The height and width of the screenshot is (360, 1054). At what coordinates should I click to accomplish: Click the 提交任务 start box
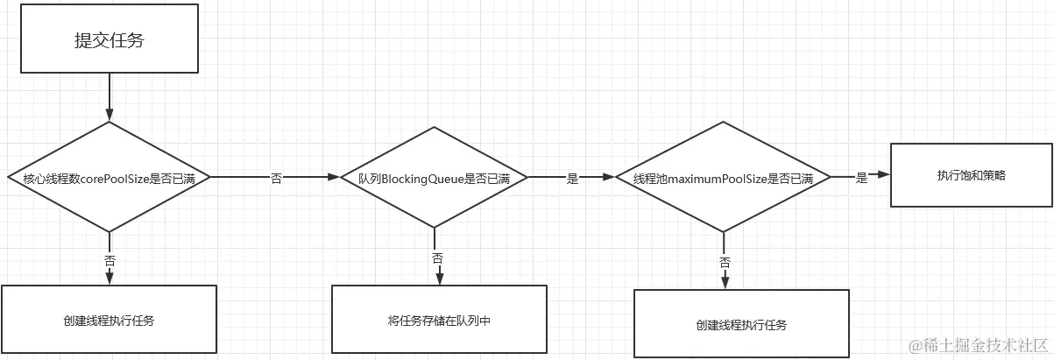tap(109, 41)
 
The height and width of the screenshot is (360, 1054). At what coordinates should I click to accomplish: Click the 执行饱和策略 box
tap(971, 175)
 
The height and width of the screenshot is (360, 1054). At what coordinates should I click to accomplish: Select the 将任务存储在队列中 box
tap(439, 321)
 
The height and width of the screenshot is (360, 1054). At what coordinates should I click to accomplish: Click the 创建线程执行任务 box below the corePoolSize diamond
tap(109, 321)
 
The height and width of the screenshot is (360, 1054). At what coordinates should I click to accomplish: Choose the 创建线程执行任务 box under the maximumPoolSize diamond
tap(741, 324)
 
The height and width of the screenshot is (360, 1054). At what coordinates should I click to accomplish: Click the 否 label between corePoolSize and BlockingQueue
tap(276, 178)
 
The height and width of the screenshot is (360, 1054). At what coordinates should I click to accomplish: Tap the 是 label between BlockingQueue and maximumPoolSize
tap(573, 178)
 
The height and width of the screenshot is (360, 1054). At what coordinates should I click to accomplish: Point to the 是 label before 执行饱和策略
tap(861, 177)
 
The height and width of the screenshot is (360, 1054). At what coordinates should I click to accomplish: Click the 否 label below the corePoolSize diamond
tap(110, 260)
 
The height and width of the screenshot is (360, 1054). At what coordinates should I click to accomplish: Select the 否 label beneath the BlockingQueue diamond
tap(435, 258)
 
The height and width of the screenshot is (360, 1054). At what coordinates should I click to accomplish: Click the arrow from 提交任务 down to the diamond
tap(109, 96)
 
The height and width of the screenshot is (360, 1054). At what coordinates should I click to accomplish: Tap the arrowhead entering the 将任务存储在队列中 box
tap(435, 279)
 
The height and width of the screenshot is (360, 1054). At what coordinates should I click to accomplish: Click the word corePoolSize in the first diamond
tap(114, 178)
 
